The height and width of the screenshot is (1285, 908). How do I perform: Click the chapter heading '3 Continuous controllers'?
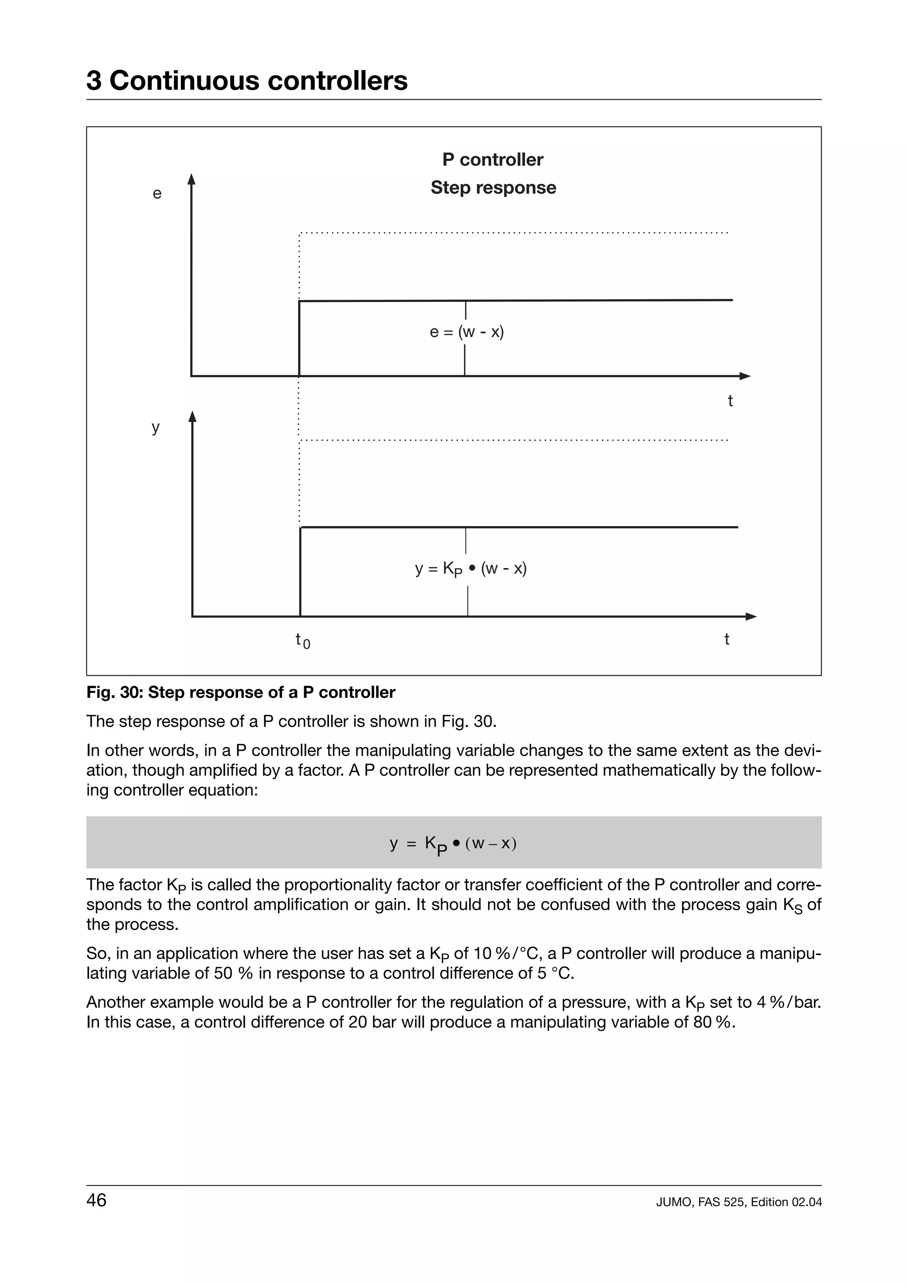click(247, 81)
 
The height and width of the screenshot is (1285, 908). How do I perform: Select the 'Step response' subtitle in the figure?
click(493, 188)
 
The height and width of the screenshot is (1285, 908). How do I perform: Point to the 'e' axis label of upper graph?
click(157, 194)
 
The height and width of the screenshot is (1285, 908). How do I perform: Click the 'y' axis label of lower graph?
click(156, 427)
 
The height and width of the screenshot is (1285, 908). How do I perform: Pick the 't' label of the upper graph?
click(730, 401)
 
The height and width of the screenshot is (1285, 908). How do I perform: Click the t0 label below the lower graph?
click(302, 640)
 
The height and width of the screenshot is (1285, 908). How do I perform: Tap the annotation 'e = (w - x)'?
click(466, 332)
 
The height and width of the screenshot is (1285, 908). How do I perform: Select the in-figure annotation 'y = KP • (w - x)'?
click(470, 568)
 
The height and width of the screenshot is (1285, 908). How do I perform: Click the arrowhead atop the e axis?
click(192, 179)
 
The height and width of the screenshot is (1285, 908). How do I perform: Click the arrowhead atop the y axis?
click(192, 416)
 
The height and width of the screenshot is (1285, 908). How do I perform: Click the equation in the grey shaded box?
click(453, 843)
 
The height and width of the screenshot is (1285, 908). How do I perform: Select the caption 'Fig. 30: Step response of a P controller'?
click(241, 692)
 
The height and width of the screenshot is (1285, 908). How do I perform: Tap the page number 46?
click(96, 1200)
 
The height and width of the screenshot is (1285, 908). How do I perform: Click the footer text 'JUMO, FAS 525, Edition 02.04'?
click(739, 1202)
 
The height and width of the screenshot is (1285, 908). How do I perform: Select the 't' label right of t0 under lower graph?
click(727, 639)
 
